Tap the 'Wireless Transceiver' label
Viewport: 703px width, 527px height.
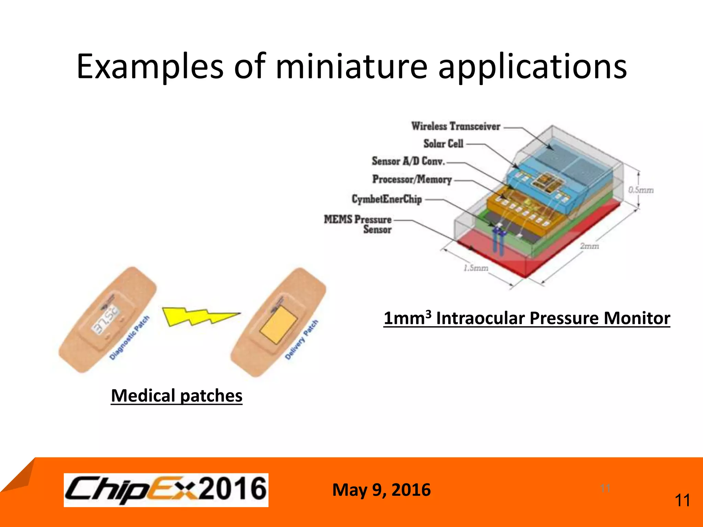coord(456,126)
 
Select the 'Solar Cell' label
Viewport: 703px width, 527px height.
coord(443,143)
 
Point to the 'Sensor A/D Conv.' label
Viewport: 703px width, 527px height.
coord(408,161)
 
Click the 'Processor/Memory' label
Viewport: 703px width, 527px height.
coord(412,179)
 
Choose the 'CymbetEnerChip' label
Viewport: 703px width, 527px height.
coord(387,199)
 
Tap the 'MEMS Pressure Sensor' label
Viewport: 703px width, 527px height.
coord(358,224)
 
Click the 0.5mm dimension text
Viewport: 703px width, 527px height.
coord(641,190)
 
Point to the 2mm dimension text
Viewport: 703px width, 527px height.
coord(589,246)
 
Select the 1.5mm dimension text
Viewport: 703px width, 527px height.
coord(476,268)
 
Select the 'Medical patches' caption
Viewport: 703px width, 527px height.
coord(176,396)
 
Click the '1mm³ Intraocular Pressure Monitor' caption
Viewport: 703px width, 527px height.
coord(527,318)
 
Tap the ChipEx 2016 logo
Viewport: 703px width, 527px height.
coord(166,490)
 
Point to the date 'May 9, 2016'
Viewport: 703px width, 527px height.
coord(381,490)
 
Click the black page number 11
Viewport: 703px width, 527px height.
coord(682,501)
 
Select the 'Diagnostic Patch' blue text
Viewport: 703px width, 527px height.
coord(129,338)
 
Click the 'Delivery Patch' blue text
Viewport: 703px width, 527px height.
coord(302,340)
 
